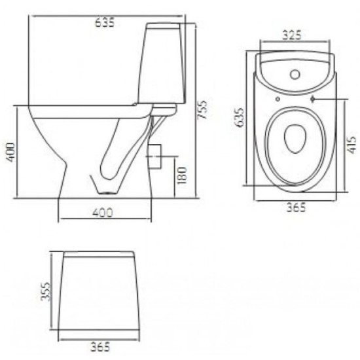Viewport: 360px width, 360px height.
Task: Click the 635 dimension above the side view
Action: (x=105, y=23)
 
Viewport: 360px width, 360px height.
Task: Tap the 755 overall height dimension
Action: (x=202, y=109)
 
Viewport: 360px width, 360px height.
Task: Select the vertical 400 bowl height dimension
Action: (x=10, y=153)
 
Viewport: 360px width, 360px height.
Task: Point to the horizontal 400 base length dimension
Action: (x=102, y=213)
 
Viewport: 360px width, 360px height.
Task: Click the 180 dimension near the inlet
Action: (x=182, y=175)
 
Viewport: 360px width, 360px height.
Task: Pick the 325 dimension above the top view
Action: (x=291, y=35)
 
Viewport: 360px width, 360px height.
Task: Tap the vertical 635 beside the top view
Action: (x=240, y=117)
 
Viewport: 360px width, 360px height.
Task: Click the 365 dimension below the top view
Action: (x=297, y=207)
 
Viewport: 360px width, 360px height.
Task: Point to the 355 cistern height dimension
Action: (x=45, y=291)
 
